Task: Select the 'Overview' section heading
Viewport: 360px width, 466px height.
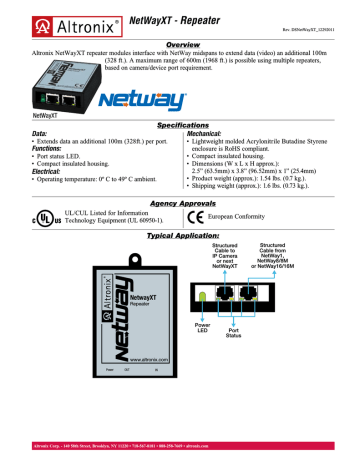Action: coord(180,45)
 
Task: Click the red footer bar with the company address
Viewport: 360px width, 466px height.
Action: coord(180,459)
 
